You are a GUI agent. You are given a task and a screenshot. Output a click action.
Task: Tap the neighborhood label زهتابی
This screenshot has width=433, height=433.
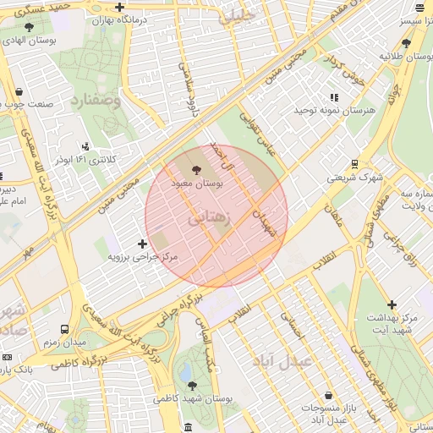[208, 218]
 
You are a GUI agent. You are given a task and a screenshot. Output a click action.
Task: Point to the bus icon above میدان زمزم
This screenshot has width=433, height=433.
[65, 328]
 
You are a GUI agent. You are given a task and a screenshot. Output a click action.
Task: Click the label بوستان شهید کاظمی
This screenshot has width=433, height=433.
[193, 397]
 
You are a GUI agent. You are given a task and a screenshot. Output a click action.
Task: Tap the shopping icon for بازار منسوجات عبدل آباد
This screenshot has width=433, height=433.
[328, 396]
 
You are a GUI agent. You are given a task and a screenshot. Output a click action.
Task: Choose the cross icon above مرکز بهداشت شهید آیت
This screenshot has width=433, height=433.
[392, 304]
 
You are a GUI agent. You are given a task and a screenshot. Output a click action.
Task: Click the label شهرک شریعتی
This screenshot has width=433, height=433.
[355, 178]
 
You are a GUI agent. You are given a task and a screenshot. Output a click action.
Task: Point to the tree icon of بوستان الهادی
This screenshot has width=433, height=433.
[29, 27]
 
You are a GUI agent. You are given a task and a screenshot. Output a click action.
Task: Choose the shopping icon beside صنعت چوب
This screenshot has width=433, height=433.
[19, 93]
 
